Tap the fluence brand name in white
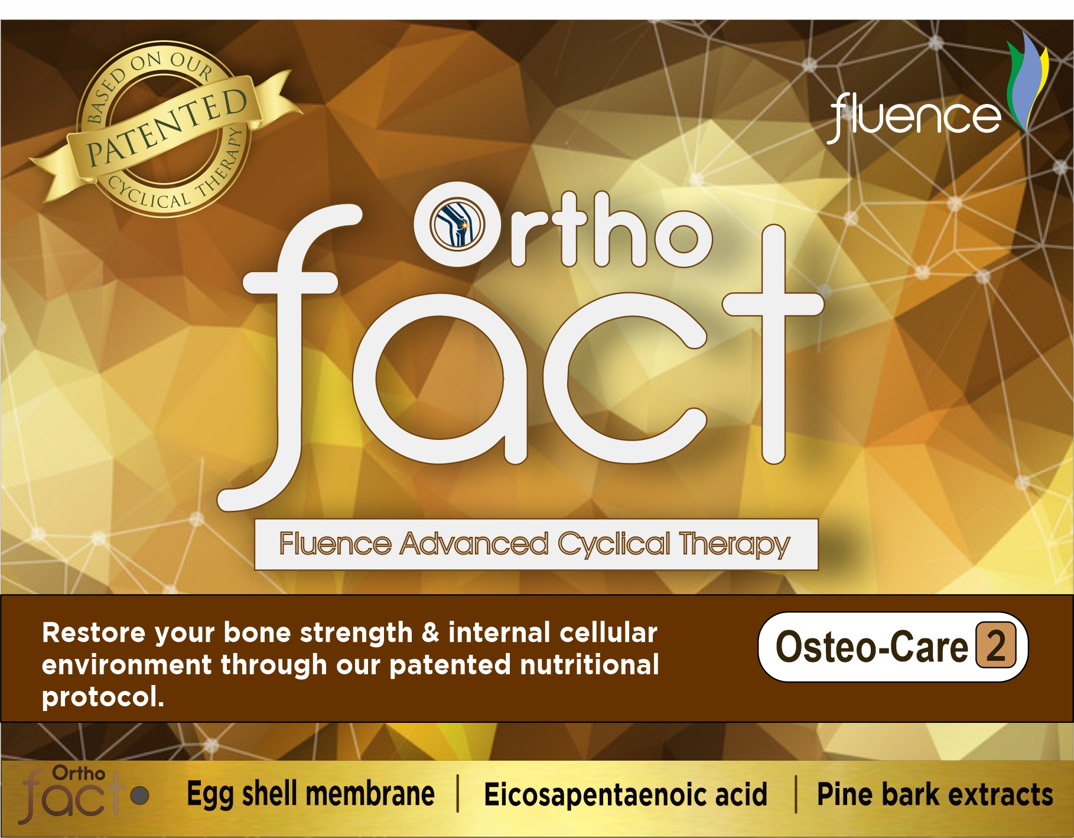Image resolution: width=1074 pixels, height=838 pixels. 915,117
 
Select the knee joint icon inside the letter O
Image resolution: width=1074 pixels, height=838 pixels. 457,224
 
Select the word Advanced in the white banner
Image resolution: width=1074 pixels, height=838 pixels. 474,544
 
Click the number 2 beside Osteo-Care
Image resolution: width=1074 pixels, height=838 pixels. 996,646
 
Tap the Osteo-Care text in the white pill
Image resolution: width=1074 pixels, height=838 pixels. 872,647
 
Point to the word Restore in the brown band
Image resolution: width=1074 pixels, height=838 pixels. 94,633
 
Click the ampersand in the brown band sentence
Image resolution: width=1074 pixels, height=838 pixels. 431,633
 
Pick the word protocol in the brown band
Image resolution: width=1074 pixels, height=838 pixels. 103,697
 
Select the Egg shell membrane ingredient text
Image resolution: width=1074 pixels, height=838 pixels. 311,795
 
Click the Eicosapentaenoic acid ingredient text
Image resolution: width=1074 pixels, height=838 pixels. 626,795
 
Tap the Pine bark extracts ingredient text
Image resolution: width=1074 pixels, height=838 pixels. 935,795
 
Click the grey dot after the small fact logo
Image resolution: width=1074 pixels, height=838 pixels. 139,795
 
